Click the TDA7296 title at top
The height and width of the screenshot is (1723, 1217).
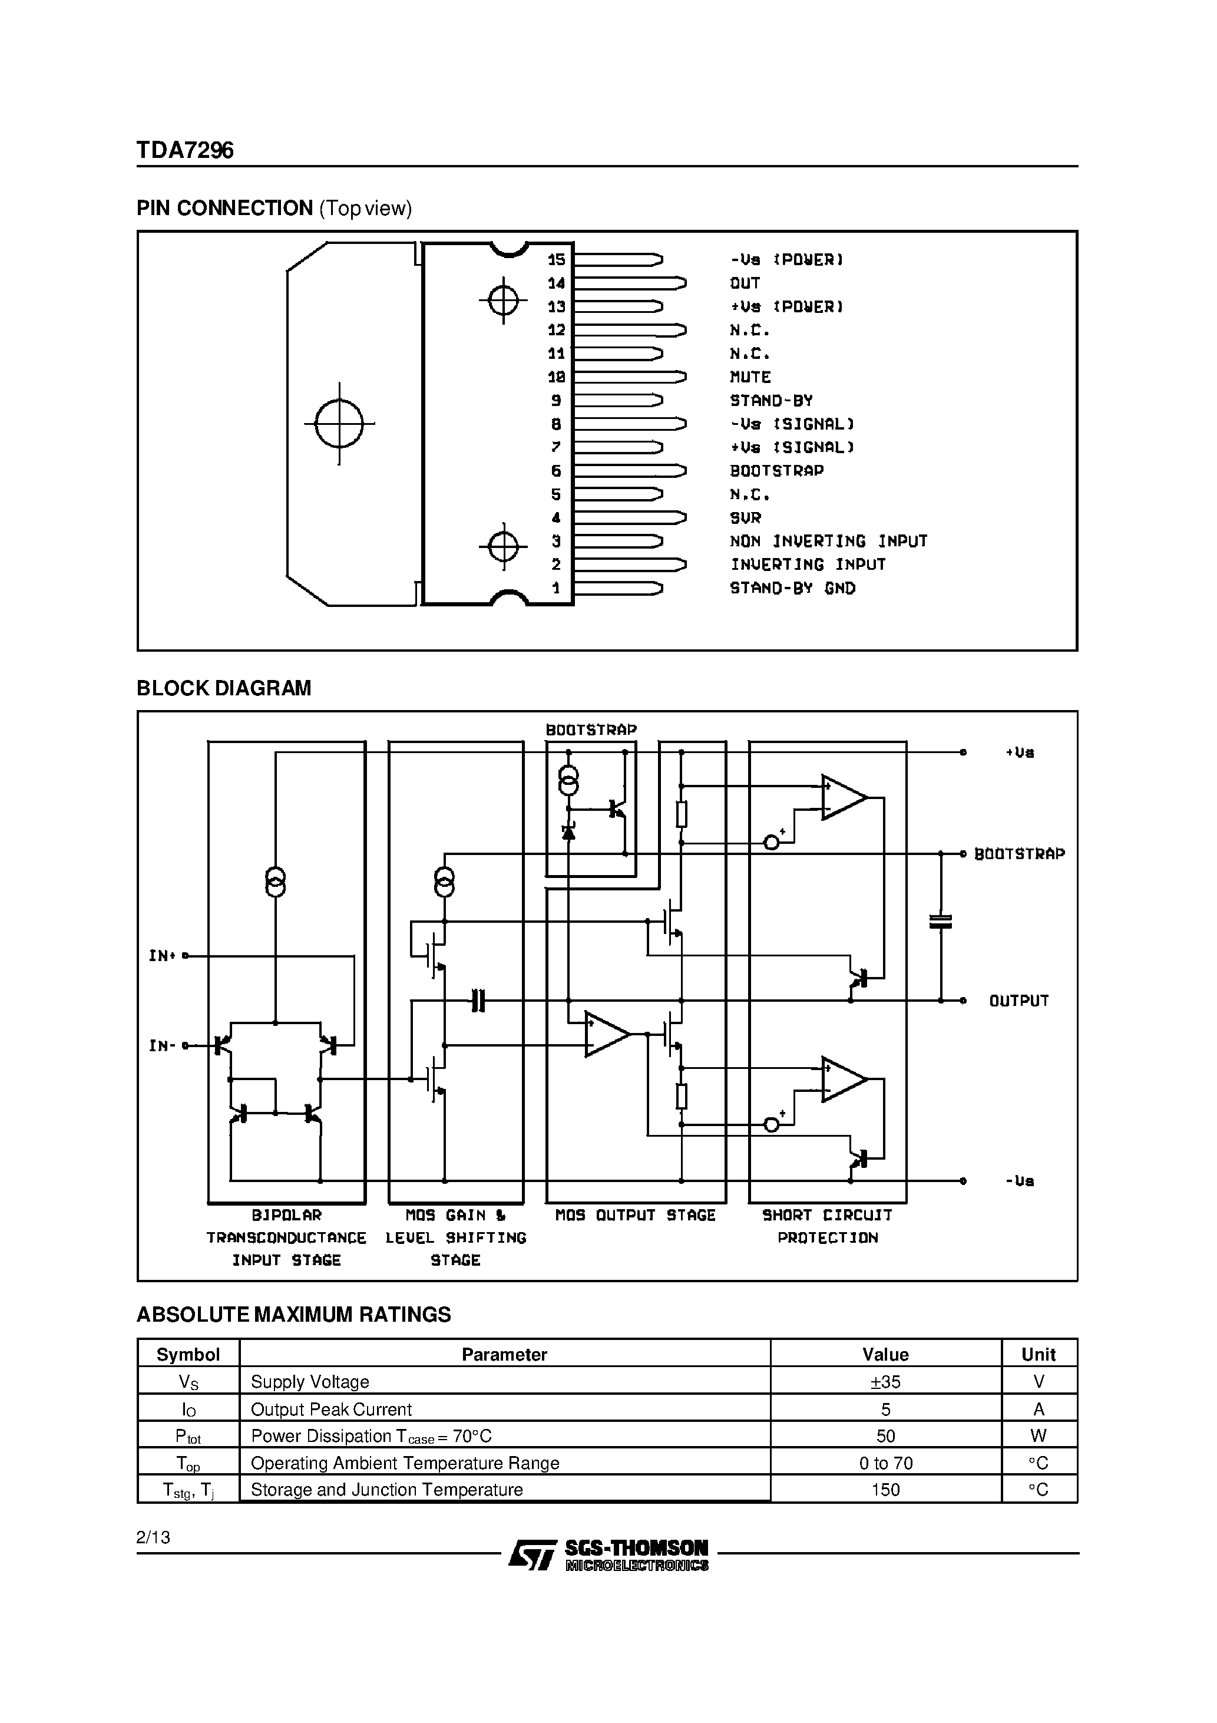click(x=184, y=151)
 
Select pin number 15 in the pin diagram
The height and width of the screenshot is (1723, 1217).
click(x=556, y=260)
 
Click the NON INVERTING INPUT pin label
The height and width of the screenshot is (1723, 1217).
click(x=828, y=541)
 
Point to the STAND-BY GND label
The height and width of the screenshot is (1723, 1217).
click(x=792, y=588)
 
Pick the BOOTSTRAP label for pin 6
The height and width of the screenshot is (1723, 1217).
click(x=776, y=470)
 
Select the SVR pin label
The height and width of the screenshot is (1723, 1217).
click(x=745, y=518)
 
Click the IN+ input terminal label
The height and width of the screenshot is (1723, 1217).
click(x=162, y=956)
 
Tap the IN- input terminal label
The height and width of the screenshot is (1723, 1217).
click(x=162, y=1045)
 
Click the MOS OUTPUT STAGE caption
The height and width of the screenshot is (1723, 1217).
click(x=635, y=1215)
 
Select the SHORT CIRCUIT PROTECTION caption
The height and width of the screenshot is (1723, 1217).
click(x=827, y=1226)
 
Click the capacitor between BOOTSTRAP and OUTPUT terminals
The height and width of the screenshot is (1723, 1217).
click(x=940, y=922)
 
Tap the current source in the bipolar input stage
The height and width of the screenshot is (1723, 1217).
click(x=275, y=883)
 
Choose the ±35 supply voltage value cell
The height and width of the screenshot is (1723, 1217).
click(x=885, y=1382)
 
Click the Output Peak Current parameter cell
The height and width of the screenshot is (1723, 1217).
click(x=331, y=1410)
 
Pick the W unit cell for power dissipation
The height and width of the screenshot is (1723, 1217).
click(x=1039, y=1435)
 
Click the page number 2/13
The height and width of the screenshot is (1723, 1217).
click(x=153, y=1537)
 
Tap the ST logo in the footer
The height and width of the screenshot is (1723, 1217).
click(x=532, y=1554)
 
